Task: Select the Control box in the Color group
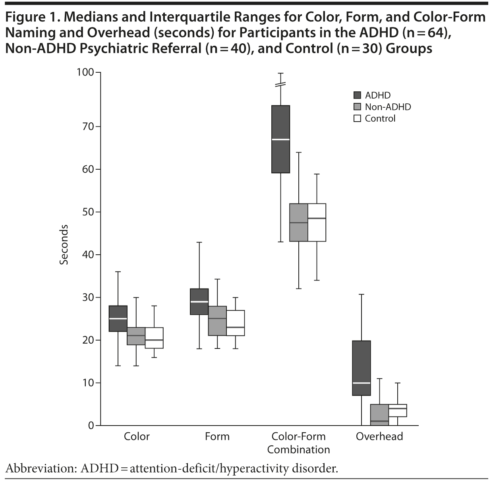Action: pyautogui.click(x=154, y=338)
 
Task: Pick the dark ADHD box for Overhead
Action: pyautogui.click(x=362, y=368)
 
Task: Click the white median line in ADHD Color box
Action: pyautogui.click(x=118, y=319)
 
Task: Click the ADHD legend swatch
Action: pyautogui.click(x=357, y=95)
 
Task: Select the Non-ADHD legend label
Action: pyautogui.click(x=388, y=107)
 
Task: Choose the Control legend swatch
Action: pyautogui.click(x=357, y=118)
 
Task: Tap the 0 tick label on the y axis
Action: pyautogui.click(x=91, y=426)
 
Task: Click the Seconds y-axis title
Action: pyautogui.click(x=64, y=244)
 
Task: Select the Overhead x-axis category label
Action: pyautogui.click(x=379, y=436)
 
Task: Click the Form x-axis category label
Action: pyautogui.click(x=217, y=436)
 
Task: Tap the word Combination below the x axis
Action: pyautogui.click(x=298, y=449)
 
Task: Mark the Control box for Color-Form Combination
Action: pyautogui.click(x=317, y=223)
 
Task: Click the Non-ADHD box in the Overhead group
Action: pyautogui.click(x=379, y=415)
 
